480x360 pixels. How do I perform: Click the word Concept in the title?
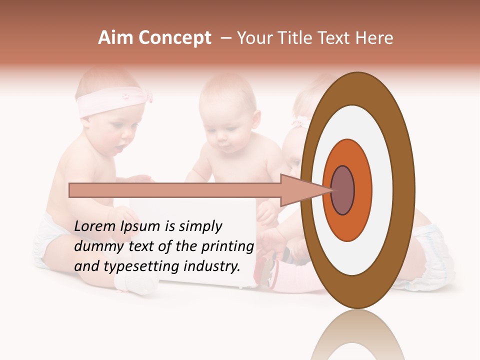pos(175,38)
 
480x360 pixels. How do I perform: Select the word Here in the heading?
pos(374,38)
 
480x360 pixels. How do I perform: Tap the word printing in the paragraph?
pos(228,247)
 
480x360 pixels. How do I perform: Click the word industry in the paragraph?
pos(212,266)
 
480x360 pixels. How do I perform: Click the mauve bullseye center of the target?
pos(342,190)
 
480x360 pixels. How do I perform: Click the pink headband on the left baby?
pos(107,103)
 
